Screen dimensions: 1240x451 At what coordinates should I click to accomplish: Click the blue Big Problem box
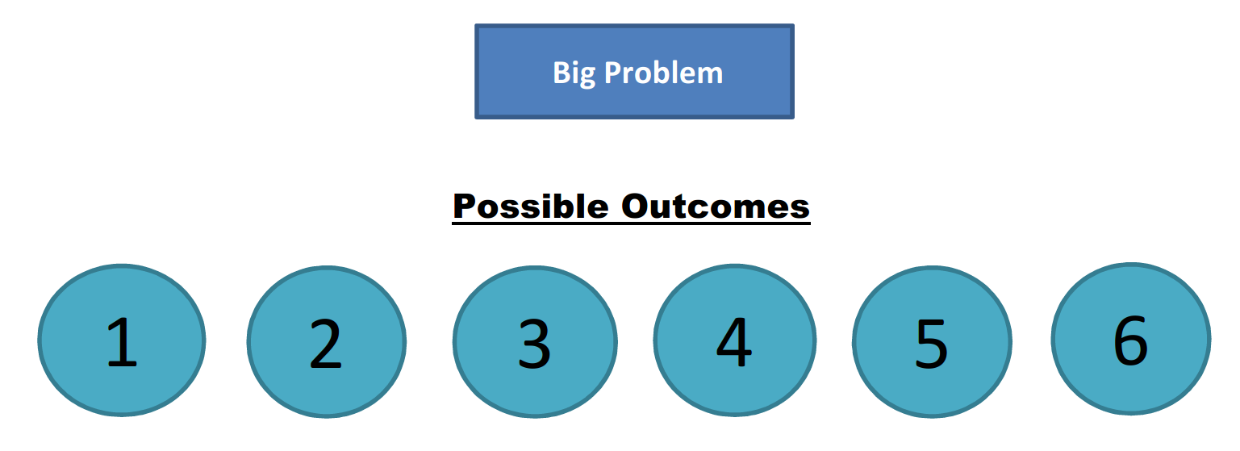coord(634,71)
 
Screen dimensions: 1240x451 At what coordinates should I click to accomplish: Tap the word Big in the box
coord(574,73)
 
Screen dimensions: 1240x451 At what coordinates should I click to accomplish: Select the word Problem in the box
coord(664,73)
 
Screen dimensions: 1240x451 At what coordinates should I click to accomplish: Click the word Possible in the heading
coord(531,206)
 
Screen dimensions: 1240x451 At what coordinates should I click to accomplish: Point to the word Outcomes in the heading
coord(716,206)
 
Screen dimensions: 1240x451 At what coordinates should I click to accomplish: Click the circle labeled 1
coord(122,340)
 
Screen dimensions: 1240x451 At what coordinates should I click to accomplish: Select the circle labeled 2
coord(327,342)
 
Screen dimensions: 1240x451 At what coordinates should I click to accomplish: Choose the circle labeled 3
coord(536,342)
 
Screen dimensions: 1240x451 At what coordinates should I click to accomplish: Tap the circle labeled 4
coord(735,340)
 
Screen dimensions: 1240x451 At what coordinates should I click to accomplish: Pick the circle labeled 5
coord(932,342)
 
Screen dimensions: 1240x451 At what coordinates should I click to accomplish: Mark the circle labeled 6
coord(1131,339)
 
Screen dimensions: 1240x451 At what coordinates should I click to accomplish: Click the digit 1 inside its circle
coord(121,342)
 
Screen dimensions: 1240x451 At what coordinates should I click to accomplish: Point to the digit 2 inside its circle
coord(325,344)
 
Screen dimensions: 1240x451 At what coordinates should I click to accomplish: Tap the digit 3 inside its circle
coord(534,344)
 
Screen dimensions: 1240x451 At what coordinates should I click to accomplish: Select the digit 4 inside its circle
coord(734,342)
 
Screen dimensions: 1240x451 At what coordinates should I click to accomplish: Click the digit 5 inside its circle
coord(932,344)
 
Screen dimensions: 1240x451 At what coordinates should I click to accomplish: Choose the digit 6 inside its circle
coord(1130,340)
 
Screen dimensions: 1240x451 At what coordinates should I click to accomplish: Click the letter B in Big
coord(562,73)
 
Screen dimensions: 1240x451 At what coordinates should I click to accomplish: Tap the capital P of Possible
coord(465,206)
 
